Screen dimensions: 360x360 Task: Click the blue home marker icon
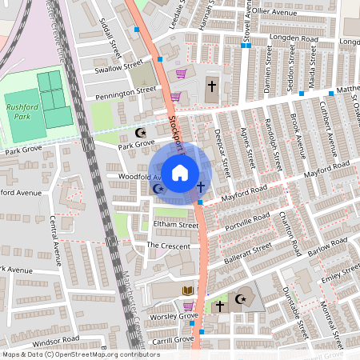(x=180, y=171)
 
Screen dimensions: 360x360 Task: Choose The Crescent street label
(x=169, y=246)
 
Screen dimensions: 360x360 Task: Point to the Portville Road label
(x=247, y=218)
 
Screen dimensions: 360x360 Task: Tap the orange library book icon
(x=187, y=290)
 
